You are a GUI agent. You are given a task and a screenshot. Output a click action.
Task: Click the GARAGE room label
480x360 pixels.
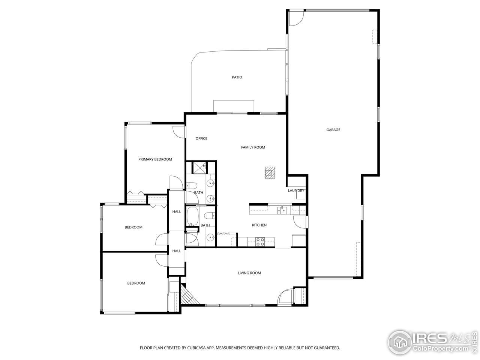click(333, 130)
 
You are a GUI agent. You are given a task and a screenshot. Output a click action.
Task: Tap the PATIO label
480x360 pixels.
click(237, 77)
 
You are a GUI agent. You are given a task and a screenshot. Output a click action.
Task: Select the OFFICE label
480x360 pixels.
click(201, 138)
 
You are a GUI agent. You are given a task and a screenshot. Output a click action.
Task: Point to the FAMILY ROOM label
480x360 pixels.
click(253, 147)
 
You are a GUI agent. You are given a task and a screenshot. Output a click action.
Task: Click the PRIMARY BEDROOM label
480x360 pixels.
click(155, 159)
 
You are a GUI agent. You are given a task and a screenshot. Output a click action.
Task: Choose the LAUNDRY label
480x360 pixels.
click(296, 190)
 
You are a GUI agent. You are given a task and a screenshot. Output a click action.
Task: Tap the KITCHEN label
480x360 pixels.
click(259, 225)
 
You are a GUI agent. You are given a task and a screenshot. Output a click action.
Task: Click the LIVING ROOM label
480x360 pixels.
click(249, 273)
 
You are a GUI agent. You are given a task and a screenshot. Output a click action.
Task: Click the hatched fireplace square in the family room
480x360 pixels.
click(270, 172)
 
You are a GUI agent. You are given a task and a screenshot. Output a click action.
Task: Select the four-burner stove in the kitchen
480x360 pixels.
click(260, 242)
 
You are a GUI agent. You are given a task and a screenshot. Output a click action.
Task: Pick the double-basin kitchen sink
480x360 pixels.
click(282, 210)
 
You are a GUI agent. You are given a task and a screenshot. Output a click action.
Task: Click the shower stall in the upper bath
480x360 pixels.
click(199, 168)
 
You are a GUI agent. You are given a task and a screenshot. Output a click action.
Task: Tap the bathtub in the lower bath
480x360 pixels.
click(193, 216)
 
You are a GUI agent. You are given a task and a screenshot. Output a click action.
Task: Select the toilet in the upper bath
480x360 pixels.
click(192, 186)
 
